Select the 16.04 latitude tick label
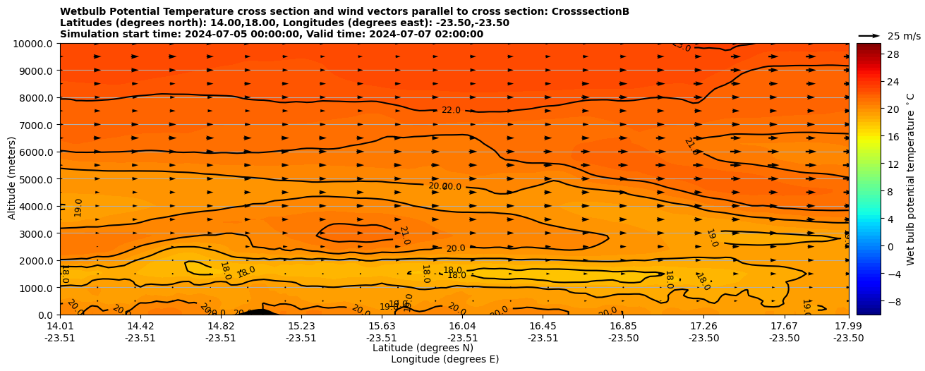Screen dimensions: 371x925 click(462, 326)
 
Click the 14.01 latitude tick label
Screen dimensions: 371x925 click(60, 326)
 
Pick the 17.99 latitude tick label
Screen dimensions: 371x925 click(848, 326)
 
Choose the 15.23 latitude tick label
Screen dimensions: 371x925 click(301, 326)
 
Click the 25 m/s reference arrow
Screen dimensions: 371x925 click(869, 35)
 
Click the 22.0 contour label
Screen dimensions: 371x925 click(451, 110)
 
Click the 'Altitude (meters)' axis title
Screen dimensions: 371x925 click(12, 178)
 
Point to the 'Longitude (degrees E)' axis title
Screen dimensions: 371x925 click(445, 359)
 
